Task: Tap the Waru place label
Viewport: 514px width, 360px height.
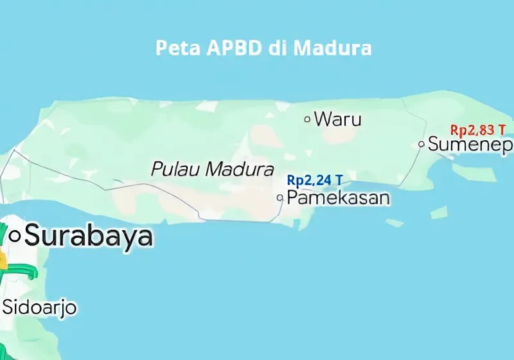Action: pos(338,119)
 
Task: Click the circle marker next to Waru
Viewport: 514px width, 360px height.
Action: pos(307,119)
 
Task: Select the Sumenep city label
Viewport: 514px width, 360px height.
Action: pos(470,144)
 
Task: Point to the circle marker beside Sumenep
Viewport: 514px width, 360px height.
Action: pos(421,144)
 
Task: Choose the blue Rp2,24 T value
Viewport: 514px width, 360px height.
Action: pos(314,180)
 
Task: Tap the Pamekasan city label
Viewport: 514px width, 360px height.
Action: pos(338,198)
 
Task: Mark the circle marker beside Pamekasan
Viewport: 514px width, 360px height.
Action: pos(280,198)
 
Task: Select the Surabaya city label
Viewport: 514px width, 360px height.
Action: pos(89,236)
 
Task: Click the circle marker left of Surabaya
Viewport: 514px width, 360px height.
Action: pos(14,236)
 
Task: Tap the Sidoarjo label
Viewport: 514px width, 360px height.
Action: pos(40,307)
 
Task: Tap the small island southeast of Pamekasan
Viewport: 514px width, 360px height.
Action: pos(439,213)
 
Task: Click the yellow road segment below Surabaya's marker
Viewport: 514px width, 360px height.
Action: pos(3,259)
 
